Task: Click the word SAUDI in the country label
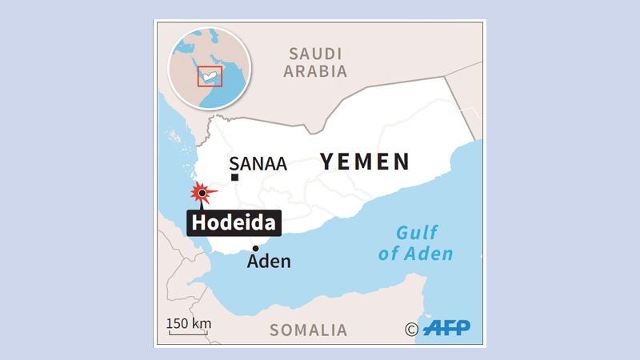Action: click(316, 54)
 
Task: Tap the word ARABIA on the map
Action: click(316, 71)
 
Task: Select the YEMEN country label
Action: click(366, 162)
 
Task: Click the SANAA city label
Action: click(258, 165)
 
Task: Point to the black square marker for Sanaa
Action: click(235, 177)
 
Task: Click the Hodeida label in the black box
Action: click(234, 222)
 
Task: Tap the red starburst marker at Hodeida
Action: click(202, 193)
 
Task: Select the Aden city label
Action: click(269, 262)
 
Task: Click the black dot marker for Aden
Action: click(255, 249)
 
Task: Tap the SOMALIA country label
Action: click(308, 330)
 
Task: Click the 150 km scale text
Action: click(189, 323)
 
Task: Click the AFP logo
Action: click(446, 327)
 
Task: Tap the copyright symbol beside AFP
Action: click(411, 329)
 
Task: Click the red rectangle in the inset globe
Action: click(210, 76)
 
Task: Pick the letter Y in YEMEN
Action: click(328, 162)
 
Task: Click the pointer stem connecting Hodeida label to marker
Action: click(202, 204)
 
